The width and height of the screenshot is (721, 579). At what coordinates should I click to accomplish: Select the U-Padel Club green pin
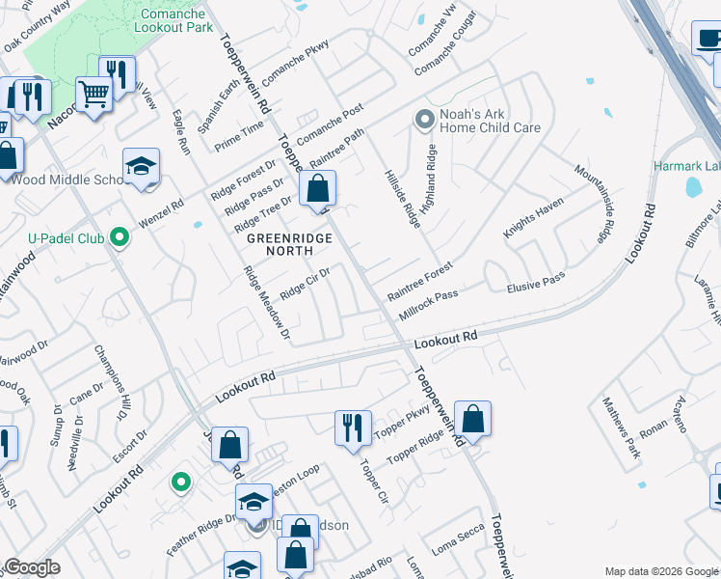click(119, 236)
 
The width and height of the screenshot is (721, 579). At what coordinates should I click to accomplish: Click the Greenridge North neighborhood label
click(291, 244)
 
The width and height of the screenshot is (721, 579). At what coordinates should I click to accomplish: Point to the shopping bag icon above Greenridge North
click(318, 190)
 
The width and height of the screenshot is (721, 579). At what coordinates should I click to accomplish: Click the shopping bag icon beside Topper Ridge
click(472, 420)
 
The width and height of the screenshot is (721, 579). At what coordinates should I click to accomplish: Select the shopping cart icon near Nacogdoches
click(93, 96)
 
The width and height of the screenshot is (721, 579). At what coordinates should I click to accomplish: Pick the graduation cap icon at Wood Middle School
click(141, 167)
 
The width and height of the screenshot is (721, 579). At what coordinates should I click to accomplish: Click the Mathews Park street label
click(622, 427)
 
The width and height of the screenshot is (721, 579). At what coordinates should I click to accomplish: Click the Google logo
click(32, 567)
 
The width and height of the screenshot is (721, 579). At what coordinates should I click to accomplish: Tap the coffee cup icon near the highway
click(708, 39)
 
